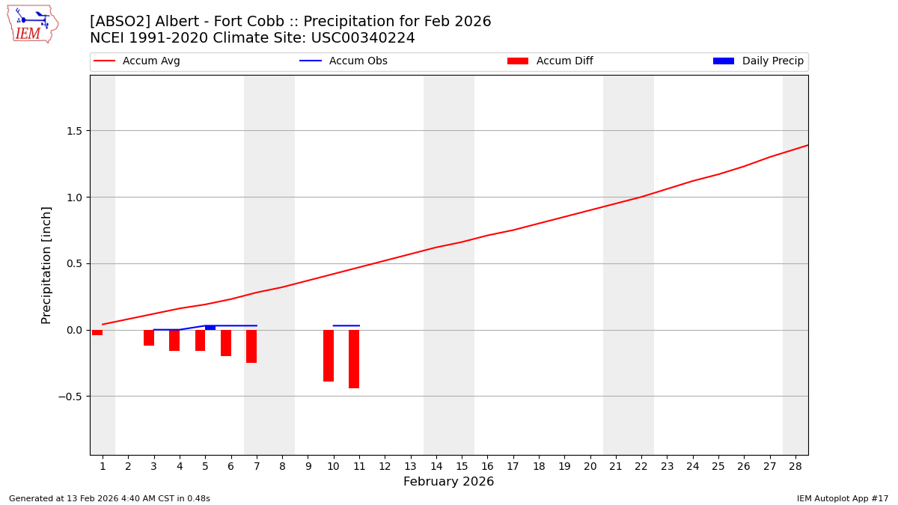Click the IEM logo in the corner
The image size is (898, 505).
point(32,24)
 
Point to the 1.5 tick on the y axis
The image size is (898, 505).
point(73,131)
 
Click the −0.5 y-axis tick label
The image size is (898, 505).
point(70,397)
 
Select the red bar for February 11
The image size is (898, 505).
point(354,359)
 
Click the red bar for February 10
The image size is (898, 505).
point(329,355)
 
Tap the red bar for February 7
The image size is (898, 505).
point(251,346)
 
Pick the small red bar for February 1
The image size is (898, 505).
point(97,332)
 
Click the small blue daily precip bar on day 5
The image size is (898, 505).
point(210,328)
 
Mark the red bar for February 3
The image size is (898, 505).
point(149,337)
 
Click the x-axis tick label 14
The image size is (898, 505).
point(436,467)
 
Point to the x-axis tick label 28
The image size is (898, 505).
point(795,467)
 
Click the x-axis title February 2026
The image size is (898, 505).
point(448,482)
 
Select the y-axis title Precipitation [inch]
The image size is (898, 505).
point(46,265)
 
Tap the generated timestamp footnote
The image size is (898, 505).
point(109,498)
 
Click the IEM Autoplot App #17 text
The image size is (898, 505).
point(843,498)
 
